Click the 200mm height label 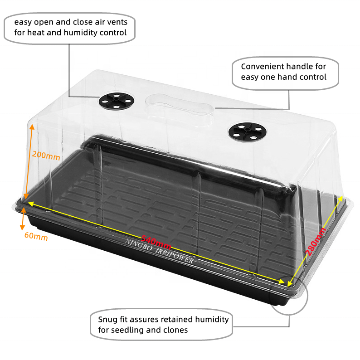click(46, 156)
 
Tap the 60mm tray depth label click(36, 236)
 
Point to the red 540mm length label click(156, 243)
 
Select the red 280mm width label click(316, 242)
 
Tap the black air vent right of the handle click(248, 131)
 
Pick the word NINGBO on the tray click(139, 245)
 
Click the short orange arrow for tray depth click(23, 219)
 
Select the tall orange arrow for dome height click(29, 162)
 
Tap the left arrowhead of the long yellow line click(31, 204)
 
